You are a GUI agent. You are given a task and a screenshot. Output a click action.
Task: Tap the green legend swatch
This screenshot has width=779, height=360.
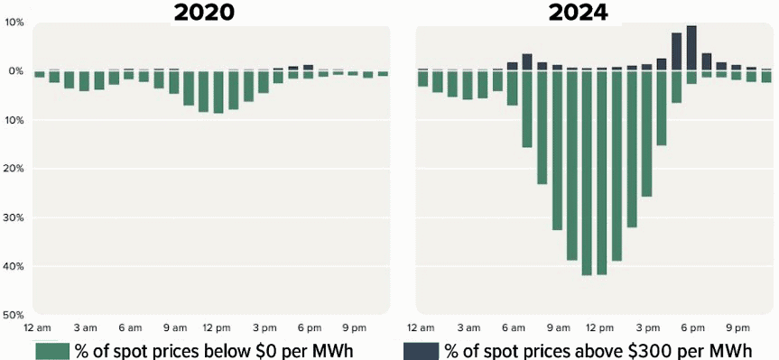coord(52,350)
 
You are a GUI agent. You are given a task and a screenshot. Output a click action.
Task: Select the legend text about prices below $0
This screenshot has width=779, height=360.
coord(213,350)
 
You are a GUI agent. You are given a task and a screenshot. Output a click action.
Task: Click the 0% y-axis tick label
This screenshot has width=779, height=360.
coord(14,71)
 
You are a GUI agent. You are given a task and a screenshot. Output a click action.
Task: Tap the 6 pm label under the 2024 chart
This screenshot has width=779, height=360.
coord(693,327)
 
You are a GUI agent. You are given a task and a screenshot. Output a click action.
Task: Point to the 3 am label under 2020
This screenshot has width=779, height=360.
coord(85,327)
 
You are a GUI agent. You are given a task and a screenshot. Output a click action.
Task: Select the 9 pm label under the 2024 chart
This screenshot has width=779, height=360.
coord(737,327)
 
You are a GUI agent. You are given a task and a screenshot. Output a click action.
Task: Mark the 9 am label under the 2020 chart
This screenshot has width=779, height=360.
coord(175,327)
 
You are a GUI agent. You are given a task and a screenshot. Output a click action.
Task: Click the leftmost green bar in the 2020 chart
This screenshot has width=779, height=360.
coord(39,74)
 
